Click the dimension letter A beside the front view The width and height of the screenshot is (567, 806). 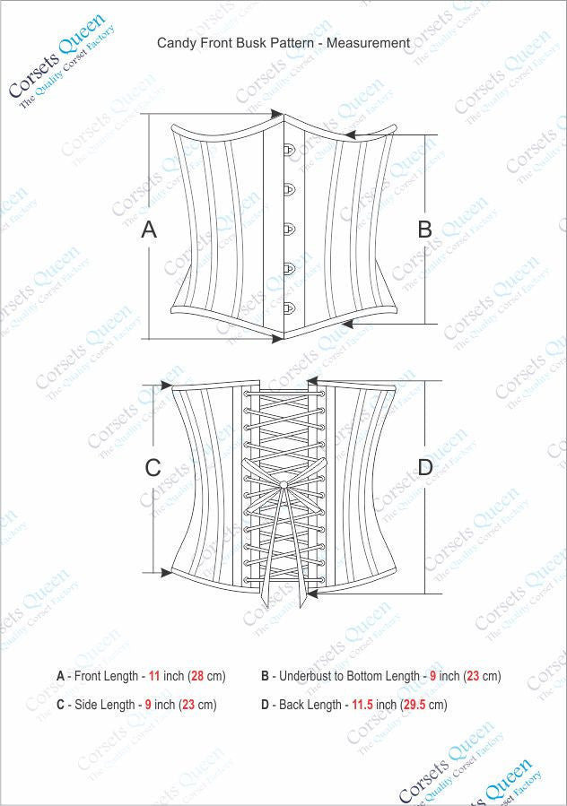(x=149, y=230)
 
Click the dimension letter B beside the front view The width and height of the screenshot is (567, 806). (x=424, y=230)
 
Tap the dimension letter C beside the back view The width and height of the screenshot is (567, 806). (x=153, y=468)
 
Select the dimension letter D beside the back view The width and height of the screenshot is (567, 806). (x=425, y=467)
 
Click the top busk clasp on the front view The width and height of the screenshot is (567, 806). (x=290, y=150)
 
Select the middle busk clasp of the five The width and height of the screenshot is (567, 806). (x=290, y=229)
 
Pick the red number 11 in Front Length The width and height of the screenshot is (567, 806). (x=154, y=676)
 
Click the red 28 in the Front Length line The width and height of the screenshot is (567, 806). (x=194, y=676)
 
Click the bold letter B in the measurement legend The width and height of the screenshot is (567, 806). (x=266, y=676)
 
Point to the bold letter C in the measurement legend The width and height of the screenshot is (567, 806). (x=61, y=705)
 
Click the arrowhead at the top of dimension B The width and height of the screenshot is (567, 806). (x=350, y=134)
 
